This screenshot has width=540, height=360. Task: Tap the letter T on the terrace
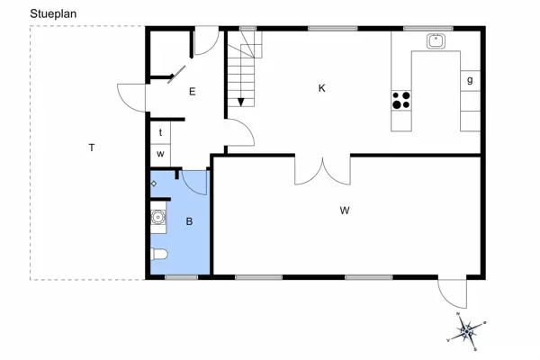pyautogui.click(x=92, y=147)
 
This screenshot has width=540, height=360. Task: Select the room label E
pyautogui.click(x=192, y=91)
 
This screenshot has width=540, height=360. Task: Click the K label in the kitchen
pyautogui.click(x=321, y=88)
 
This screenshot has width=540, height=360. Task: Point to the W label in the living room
pyautogui.click(x=345, y=211)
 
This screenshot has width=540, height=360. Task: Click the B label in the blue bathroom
pyautogui.click(x=189, y=220)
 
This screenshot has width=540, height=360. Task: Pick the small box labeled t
pyautogui.click(x=160, y=132)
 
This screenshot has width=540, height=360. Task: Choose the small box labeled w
pyautogui.click(x=160, y=154)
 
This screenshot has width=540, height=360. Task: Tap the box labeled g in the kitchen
pyautogui.click(x=470, y=80)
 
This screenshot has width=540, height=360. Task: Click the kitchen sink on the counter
pyautogui.click(x=437, y=40)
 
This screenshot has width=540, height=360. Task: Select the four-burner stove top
pyautogui.click(x=401, y=99)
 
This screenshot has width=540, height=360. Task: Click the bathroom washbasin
pyautogui.click(x=158, y=216)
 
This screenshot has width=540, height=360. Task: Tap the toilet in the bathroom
pyautogui.click(x=158, y=254)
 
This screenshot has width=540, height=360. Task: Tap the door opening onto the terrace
pyautogui.click(x=131, y=96)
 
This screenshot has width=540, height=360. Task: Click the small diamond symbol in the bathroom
pyautogui.click(x=154, y=184)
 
